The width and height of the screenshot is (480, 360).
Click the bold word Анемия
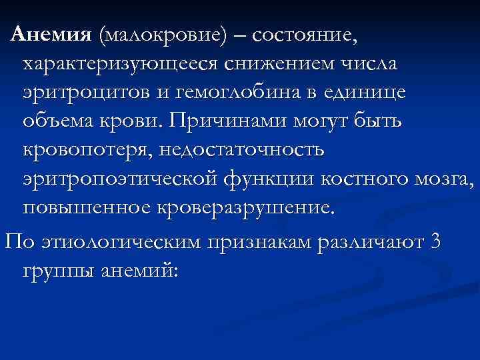click(53, 35)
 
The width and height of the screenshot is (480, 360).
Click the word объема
click(65, 122)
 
